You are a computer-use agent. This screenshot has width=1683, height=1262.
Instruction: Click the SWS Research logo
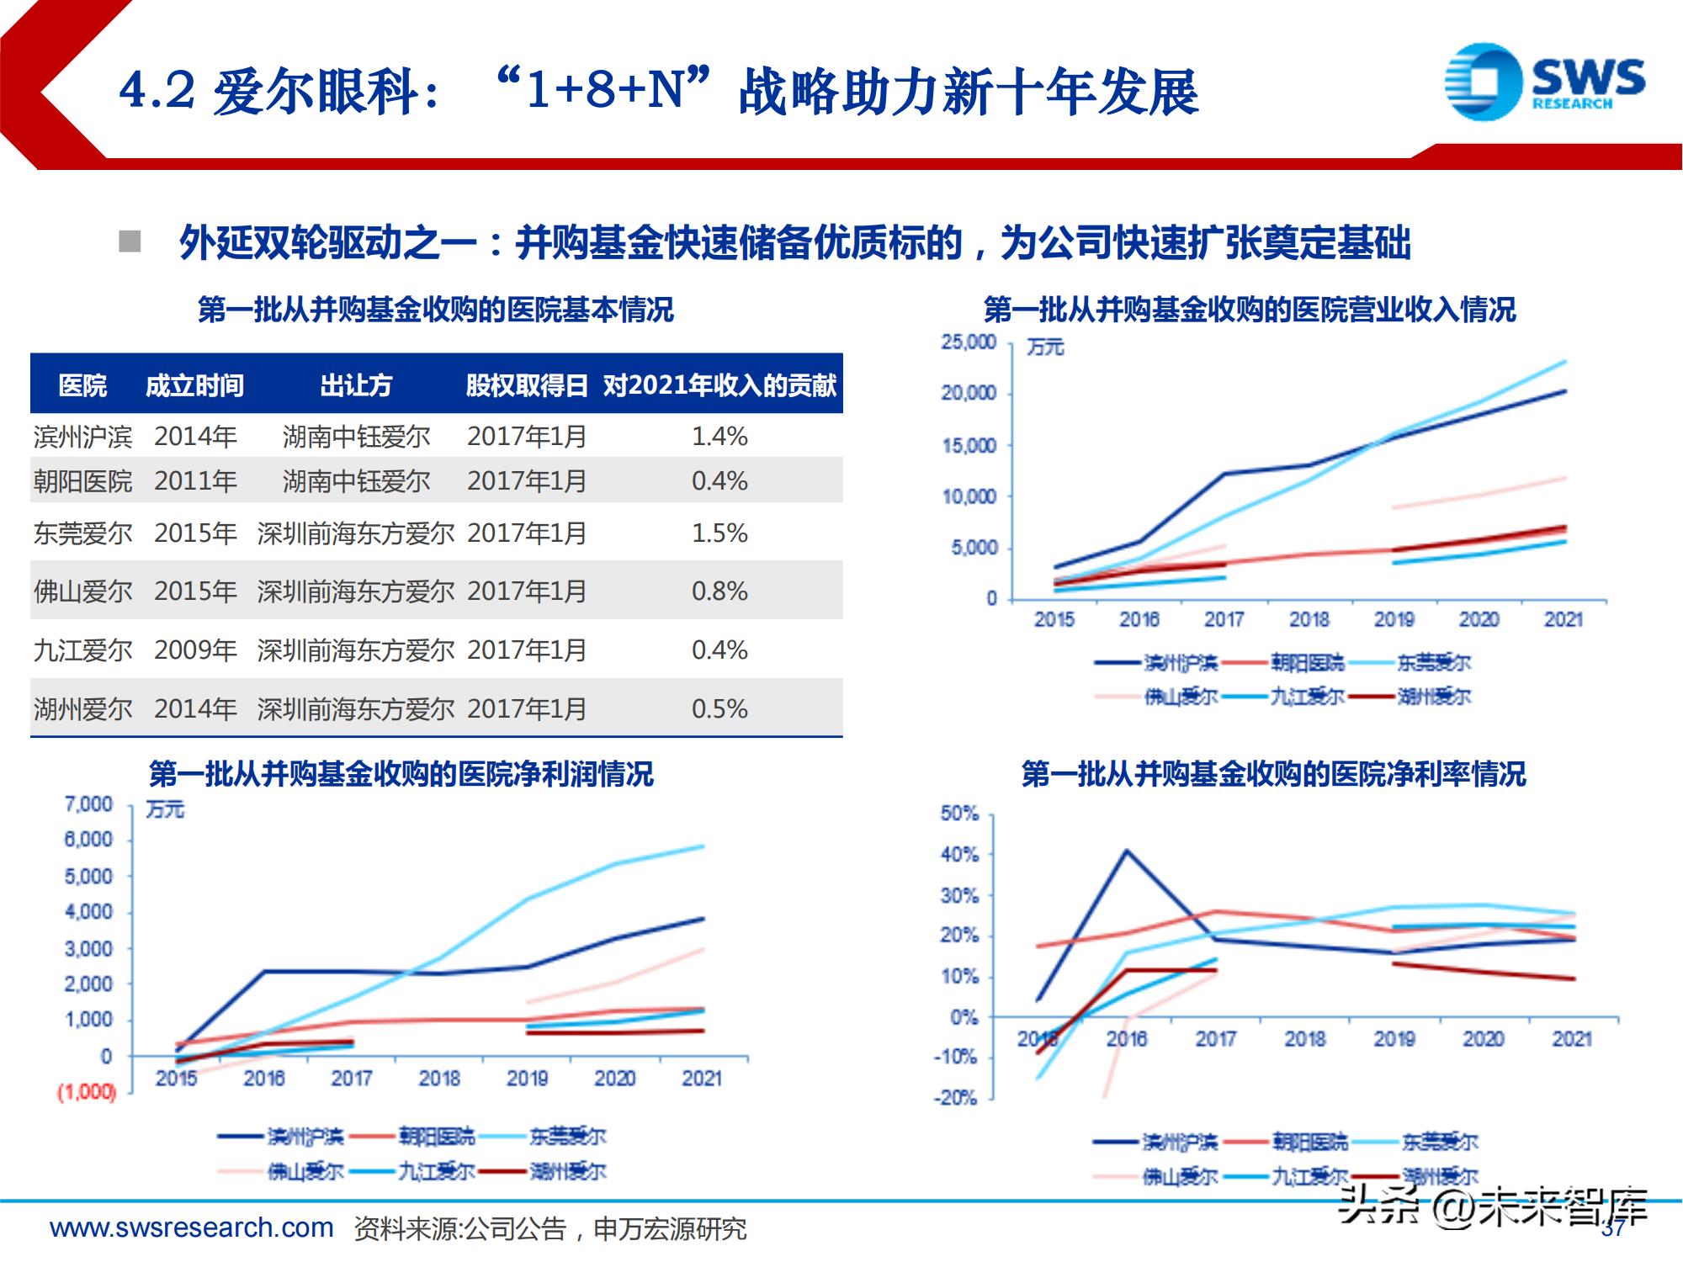point(1544,82)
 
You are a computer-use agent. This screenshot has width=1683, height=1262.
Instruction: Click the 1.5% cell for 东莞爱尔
point(719,533)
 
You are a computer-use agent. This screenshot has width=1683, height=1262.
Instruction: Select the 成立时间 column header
point(194,385)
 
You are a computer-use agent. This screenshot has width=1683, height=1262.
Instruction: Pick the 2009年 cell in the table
point(195,650)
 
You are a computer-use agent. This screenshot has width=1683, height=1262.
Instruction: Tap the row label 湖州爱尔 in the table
point(82,709)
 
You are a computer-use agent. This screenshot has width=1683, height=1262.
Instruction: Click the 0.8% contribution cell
point(719,591)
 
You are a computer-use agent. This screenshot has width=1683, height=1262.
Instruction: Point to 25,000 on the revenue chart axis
point(969,342)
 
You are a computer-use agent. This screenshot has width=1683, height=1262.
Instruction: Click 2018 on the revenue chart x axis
point(1309,620)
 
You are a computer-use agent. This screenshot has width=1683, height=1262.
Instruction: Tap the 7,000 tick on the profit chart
point(88,804)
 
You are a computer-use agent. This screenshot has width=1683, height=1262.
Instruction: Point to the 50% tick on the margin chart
point(959,814)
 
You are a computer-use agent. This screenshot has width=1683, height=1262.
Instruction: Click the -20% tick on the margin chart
point(956,1098)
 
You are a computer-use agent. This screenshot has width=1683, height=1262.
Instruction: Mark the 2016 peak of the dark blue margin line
point(1127,851)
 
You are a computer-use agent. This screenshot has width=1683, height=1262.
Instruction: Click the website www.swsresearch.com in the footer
point(192,1228)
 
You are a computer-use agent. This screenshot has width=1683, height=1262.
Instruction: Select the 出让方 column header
point(356,385)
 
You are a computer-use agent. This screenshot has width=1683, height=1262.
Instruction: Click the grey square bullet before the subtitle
point(130,242)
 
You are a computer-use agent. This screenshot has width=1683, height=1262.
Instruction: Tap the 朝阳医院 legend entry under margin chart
point(1309,1142)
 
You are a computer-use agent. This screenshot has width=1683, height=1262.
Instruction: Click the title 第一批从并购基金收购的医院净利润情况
point(401,774)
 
